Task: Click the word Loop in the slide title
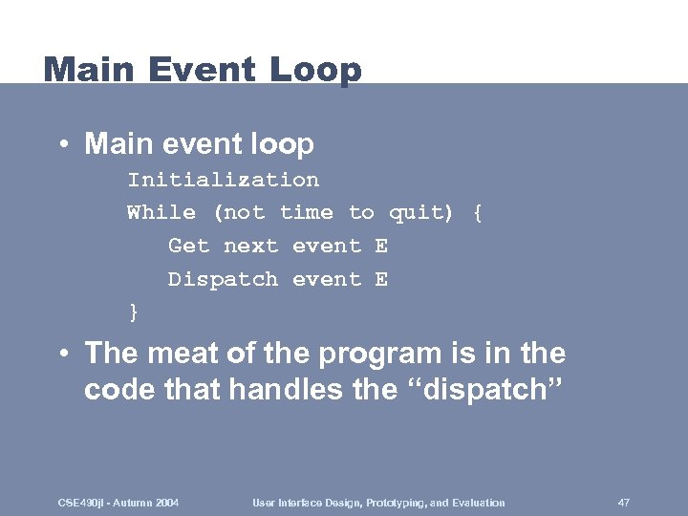tap(315, 70)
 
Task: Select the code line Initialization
tap(224, 180)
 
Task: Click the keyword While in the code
tap(161, 213)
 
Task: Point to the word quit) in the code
tap(421, 213)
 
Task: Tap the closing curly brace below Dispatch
tap(134, 312)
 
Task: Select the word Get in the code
tap(188, 247)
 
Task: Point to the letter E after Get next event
tap(381, 247)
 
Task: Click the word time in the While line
tap(306, 213)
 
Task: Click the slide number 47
tap(623, 503)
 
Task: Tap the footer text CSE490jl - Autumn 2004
tap(119, 503)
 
